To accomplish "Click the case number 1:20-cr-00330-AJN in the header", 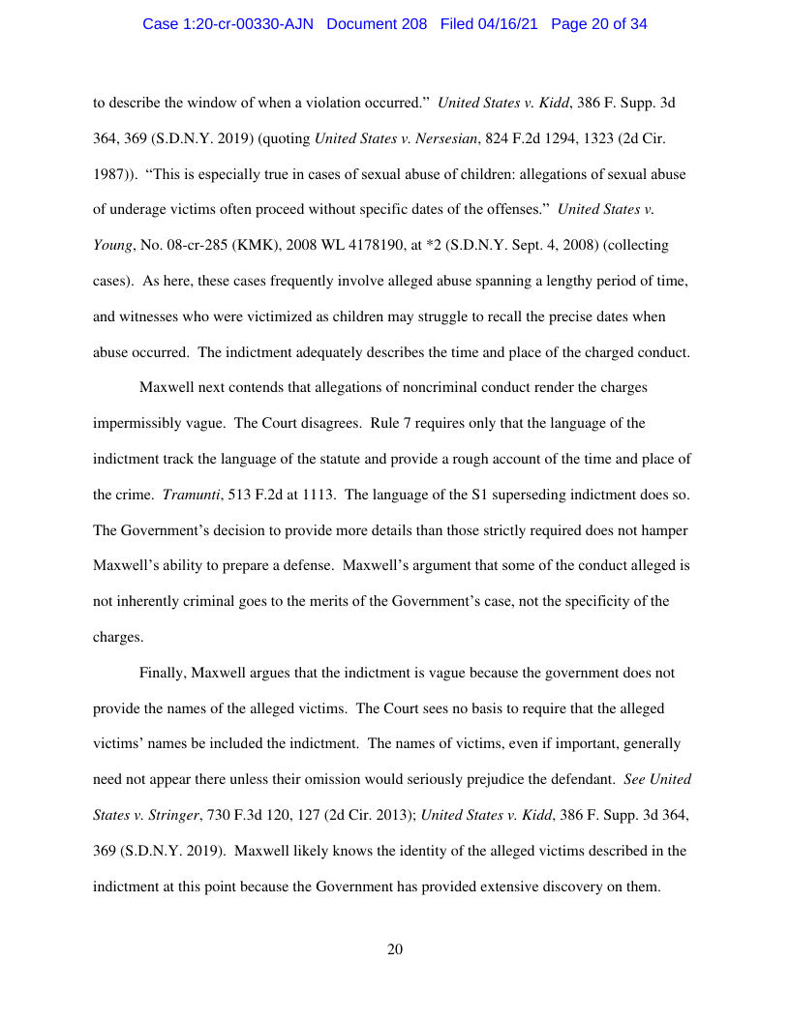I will click(x=229, y=24).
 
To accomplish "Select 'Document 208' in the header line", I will click(x=377, y=24).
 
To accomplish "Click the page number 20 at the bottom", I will click(x=395, y=949).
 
